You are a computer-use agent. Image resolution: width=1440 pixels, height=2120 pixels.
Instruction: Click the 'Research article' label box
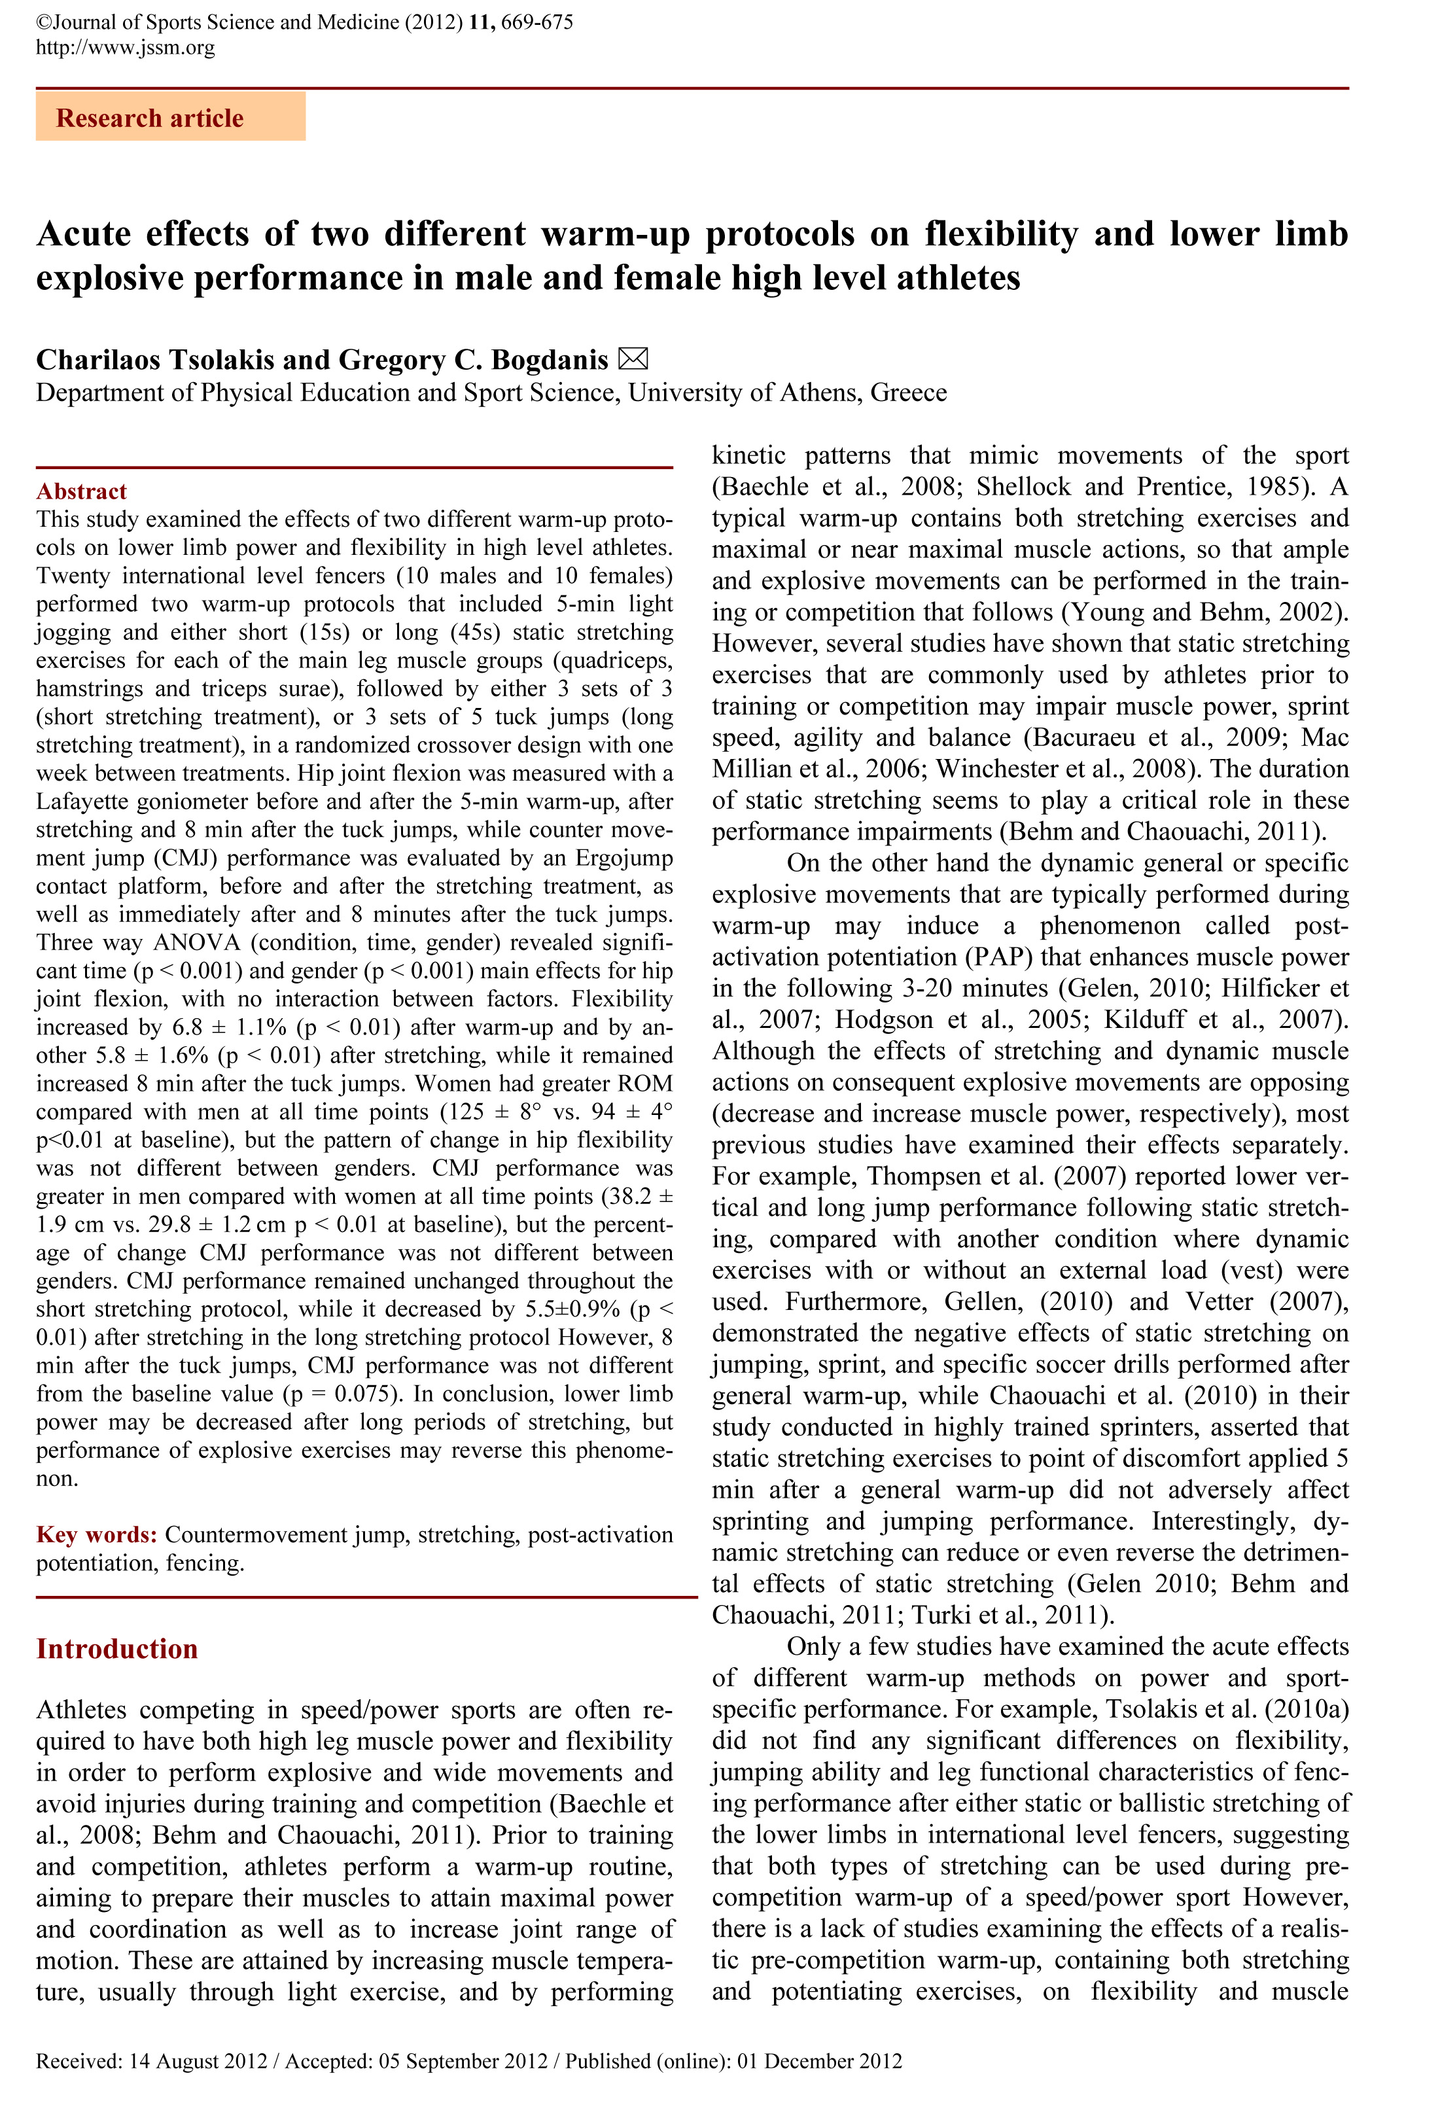pos(171,118)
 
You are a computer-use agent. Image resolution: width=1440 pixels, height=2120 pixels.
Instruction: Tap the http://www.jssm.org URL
pos(125,47)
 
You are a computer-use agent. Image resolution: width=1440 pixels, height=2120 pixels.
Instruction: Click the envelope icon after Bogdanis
pos(633,359)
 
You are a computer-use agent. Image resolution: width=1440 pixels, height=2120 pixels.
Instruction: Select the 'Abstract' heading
pos(81,491)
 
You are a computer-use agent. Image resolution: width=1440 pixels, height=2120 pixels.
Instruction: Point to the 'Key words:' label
pos(97,1534)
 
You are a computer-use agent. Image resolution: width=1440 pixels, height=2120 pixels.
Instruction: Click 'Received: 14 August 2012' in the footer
pos(151,2060)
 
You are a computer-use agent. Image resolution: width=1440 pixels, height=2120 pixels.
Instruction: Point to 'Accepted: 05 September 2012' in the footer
pos(416,2060)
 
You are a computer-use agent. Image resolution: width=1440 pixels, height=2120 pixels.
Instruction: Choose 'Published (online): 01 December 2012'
pos(733,2060)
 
